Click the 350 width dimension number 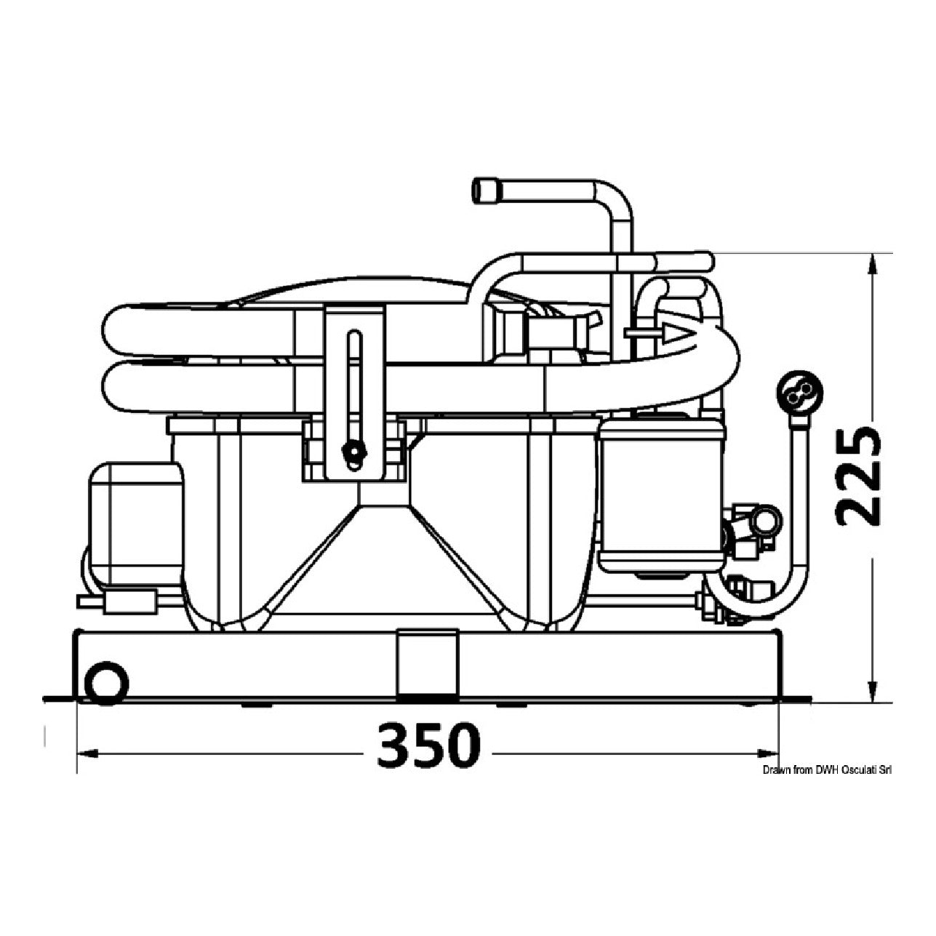(428, 754)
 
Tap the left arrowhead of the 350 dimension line (88, 768)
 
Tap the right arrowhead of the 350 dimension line (768, 768)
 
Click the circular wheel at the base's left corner (106, 683)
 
